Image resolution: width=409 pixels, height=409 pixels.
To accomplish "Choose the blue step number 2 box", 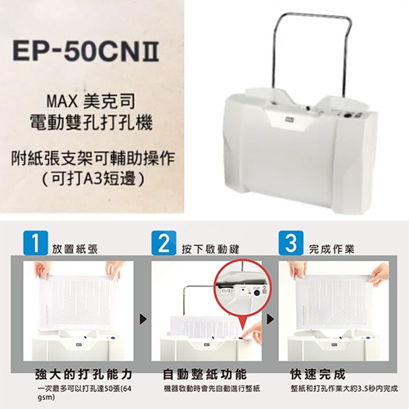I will [x=164, y=243].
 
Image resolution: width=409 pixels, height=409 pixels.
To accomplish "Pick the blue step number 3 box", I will [x=290, y=243].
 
